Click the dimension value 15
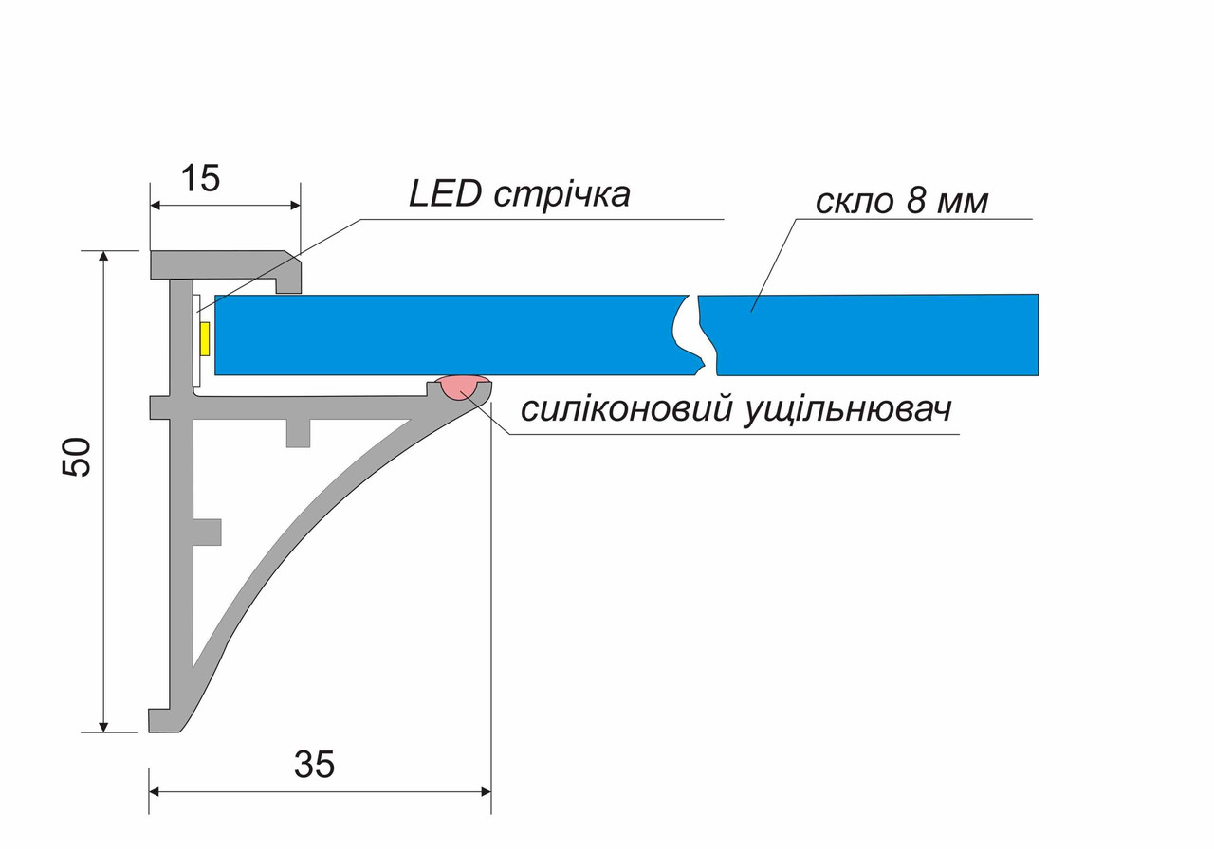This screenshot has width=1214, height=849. click(x=200, y=179)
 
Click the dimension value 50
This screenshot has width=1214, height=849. click(x=76, y=457)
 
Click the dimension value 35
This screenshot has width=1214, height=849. click(x=314, y=764)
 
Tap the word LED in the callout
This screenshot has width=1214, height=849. click(x=445, y=194)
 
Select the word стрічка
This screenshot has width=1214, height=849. click(x=562, y=196)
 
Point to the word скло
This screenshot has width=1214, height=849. click(x=854, y=202)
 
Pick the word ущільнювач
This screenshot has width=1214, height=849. click(x=847, y=411)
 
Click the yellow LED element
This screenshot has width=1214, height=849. click(x=206, y=339)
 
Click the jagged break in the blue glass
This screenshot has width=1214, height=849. click(x=695, y=335)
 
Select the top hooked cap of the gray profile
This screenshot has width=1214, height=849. click(x=226, y=271)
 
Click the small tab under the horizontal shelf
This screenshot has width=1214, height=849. click(x=298, y=433)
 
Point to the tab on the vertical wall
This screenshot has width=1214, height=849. click(x=207, y=532)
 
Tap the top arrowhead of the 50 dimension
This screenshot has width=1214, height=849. click(x=104, y=256)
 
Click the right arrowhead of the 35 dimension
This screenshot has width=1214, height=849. click(x=486, y=791)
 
